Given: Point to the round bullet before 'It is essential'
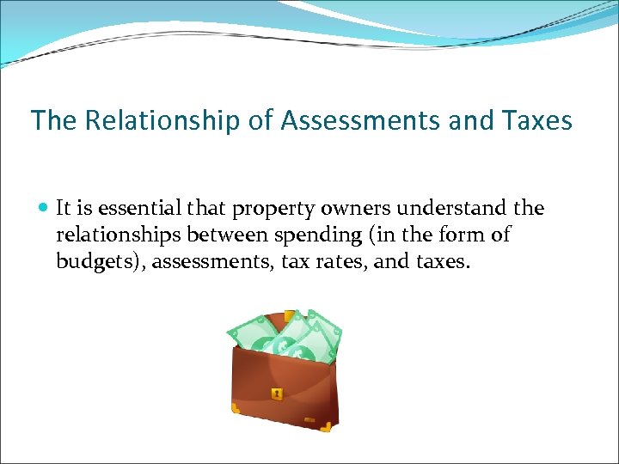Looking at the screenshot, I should pos(44,209).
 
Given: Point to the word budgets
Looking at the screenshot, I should pos(99,261).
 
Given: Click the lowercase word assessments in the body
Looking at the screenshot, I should pos(215,261).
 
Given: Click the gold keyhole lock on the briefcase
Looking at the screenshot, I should pos(277,394).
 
